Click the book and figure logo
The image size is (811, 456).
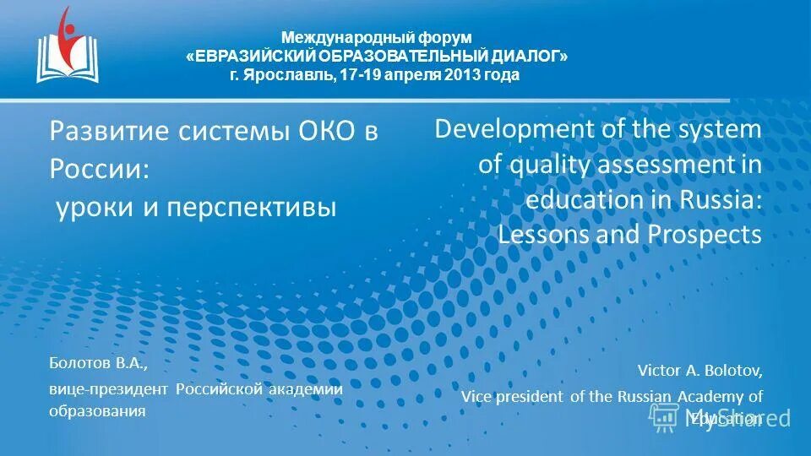click(x=68, y=46)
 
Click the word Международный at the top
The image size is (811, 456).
click(x=331, y=37)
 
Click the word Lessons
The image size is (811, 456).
click(x=544, y=235)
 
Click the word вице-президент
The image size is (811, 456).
click(x=108, y=389)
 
